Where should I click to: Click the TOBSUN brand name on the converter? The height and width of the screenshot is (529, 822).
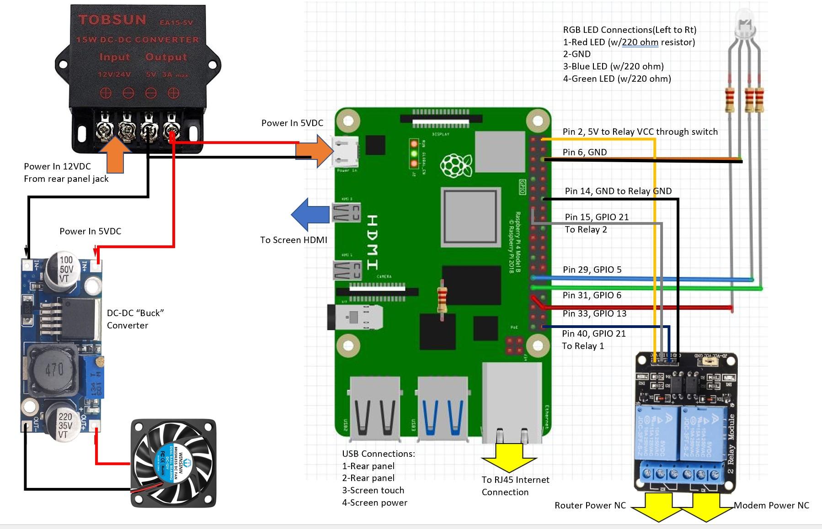pyautogui.click(x=112, y=20)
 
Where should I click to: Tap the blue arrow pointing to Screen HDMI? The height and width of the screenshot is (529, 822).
pyautogui.click(x=310, y=214)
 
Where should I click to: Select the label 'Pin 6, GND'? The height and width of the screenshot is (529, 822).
pyautogui.click(x=584, y=152)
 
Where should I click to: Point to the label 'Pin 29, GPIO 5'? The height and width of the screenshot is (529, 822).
pyautogui.click(x=592, y=270)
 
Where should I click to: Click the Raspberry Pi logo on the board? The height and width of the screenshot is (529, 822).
pyautogui.click(x=455, y=165)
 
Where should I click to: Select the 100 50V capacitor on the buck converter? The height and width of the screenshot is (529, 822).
pyautogui.click(x=64, y=269)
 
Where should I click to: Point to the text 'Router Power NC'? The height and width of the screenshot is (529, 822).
pyautogui.click(x=590, y=505)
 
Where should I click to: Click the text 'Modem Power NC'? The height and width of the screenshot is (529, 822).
pyautogui.click(x=771, y=505)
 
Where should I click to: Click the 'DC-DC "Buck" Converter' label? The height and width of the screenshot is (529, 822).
pyautogui.click(x=135, y=319)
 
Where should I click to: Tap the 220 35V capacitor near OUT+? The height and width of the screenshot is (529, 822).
pyautogui.click(x=64, y=425)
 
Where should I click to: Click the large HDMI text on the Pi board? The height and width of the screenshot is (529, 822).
pyautogui.click(x=372, y=242)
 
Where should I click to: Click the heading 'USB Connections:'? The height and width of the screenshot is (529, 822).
pyautogui.click(x=379, y=454)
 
